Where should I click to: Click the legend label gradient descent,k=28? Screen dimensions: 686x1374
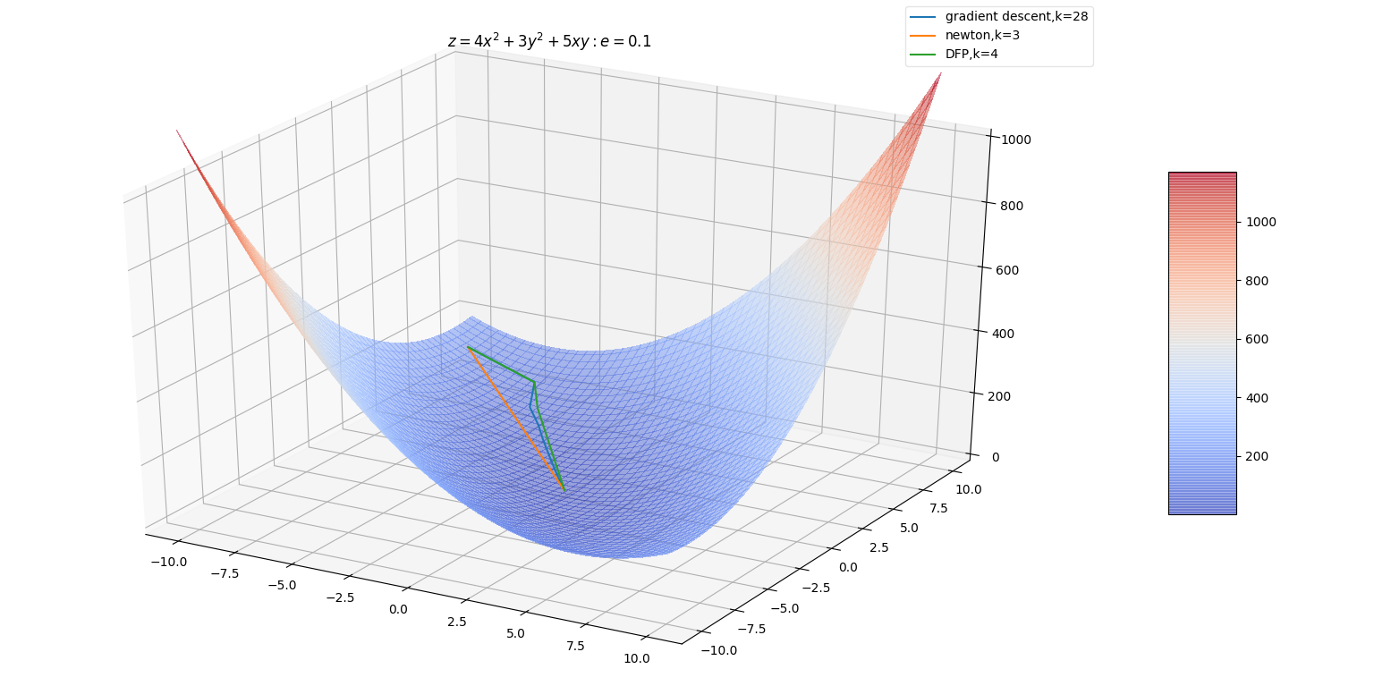click(x=1016, y=16)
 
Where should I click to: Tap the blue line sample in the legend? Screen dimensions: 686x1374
click(x=923, y=16)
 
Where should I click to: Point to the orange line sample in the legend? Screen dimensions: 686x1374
click(x=923, y=36)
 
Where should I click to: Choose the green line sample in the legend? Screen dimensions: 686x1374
click(x=923, y=55)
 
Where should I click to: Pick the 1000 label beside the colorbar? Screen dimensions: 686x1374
click(x=1261, y=222)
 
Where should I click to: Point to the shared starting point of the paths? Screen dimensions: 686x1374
click(x=468, y=347)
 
